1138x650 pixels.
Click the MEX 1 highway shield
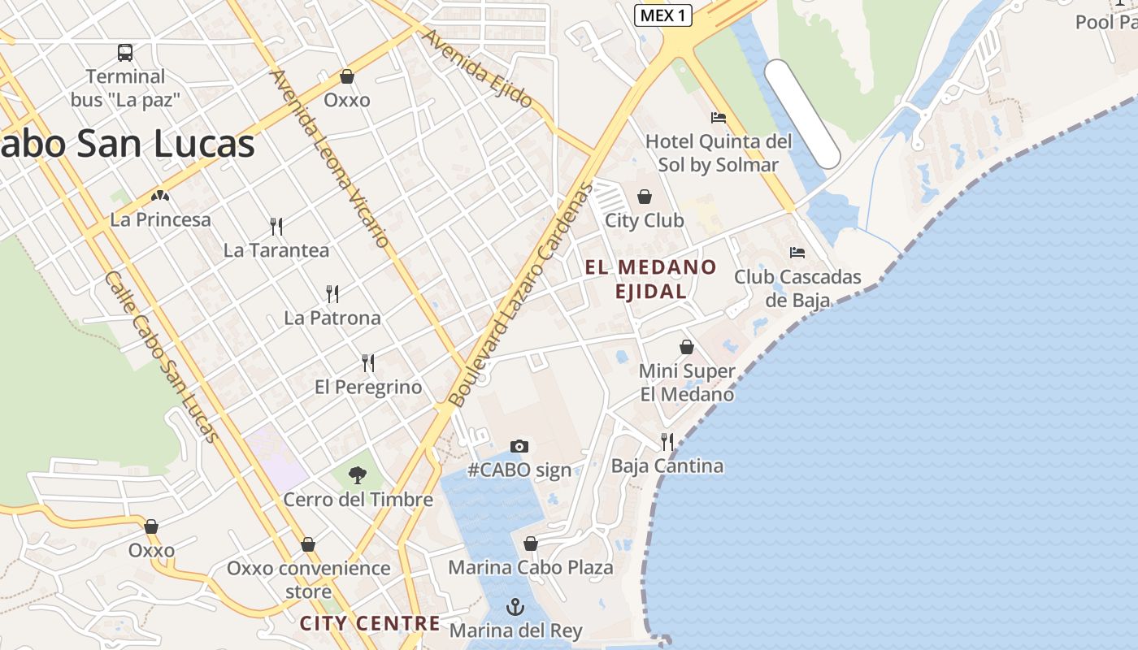click(x=662, y=15)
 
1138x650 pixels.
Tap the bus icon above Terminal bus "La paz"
click(x=125, y=53)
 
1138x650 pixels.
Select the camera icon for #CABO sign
click(x=519, y=446)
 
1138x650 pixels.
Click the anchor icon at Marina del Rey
click(x=515, y=607)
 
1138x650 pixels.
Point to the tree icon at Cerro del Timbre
click(x=357, y=475)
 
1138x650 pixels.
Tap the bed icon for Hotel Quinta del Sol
click(x=718, y=118)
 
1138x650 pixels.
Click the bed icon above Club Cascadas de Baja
click(x=797, y=253)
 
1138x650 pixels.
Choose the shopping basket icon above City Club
click(x=645, y=197)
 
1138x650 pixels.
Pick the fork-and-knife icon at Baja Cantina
click(x=667, y=442)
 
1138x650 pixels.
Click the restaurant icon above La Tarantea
click(x=276, y=227)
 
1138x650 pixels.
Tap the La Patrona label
click(x=332, y=318)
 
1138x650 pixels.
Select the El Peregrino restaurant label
click(x=368, y=387)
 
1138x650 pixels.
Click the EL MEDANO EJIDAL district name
click(x=650, y=279)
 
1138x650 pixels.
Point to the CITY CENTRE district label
click(x=370, y=623)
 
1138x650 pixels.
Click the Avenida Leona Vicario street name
click(x=331, y=158)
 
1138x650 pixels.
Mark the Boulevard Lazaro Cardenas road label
click(x=521, y=295)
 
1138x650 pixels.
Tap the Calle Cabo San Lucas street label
click(x=162, y=357)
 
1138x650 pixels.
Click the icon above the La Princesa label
click(x=160, y=196)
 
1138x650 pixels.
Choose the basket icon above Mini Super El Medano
click(x=687, y=348)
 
